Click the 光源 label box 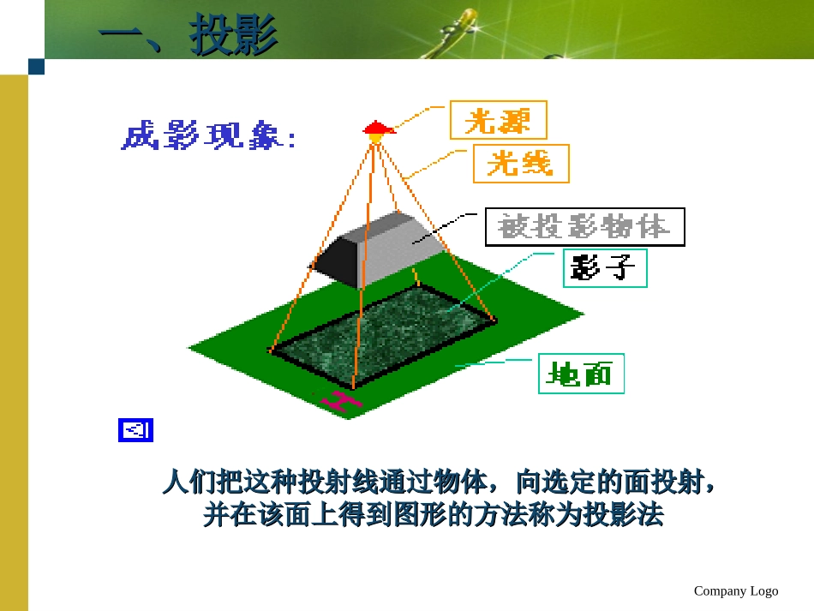(498, 120)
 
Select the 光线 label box (521, 163)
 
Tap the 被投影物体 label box (584, 227)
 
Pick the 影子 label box (604, 268)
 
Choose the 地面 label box (581, 374)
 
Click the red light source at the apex (377, 129)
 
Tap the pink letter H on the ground (342, 400)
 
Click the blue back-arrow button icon (135, 430)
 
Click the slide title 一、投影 (189, 34)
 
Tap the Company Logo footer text (736, 590)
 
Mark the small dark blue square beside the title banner (36, 67)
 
